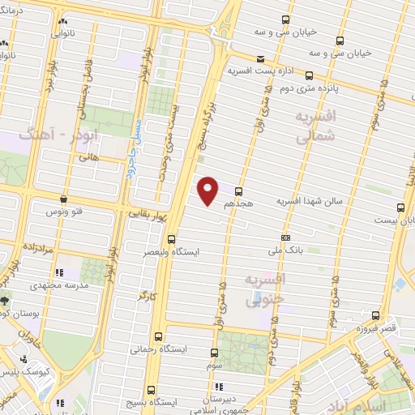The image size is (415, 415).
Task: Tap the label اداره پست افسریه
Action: (x=255, y=71)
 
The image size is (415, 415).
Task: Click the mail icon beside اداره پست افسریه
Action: (x=260, y=58)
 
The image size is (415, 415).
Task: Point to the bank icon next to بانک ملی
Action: (x=285, y=237)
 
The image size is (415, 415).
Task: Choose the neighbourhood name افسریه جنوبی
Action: (x=263, y=289)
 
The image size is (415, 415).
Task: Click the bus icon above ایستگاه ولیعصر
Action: (x=171, y=239)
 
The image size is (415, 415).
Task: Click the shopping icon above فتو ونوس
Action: (x=63, y=199)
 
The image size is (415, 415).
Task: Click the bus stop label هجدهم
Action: (x=247, y=204)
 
